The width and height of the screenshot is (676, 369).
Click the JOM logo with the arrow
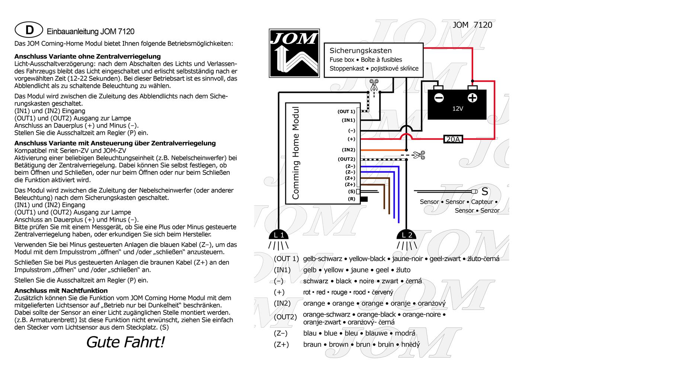pos(294,53)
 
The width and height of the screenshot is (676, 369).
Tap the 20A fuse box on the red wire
pos(453,139)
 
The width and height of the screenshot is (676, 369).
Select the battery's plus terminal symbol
pos(472,98)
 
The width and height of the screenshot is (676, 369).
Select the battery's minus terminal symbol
pos(439,98)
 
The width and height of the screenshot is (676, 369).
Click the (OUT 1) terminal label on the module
pos(346,112)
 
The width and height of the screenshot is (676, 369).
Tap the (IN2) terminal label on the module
pos(349,150)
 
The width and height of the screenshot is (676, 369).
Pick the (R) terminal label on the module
pos(352,199)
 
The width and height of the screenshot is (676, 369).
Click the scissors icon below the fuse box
pos(374,84)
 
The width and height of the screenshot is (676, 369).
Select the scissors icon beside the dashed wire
pos(420,155)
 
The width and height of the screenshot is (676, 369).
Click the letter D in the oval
pos(29,30)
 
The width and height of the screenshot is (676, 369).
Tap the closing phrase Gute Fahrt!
pos(125,342)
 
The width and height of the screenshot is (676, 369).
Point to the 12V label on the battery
pos(458,109)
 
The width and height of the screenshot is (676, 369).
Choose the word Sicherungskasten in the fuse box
pos(361,51)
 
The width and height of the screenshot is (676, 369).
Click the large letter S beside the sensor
pos(484,192)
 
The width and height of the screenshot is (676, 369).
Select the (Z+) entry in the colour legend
pos(281,344)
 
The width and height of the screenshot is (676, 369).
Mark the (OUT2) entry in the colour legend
pos(285,317)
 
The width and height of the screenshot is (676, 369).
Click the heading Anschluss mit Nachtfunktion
pos(61,291)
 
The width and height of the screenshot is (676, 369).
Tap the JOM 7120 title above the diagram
pos(472,25)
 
